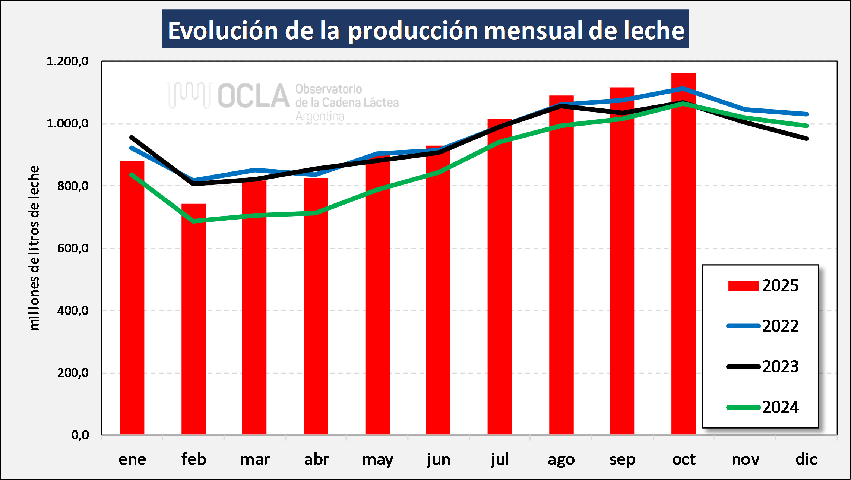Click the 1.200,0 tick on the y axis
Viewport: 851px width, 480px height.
67,61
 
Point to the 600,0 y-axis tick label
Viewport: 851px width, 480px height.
73,248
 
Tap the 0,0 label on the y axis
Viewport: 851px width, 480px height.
80,435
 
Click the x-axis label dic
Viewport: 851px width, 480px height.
806,459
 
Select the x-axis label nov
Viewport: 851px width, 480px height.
745,459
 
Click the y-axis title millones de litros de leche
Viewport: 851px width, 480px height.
34,248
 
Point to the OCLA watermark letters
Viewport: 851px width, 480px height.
253,96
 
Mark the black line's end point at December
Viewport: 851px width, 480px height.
806,138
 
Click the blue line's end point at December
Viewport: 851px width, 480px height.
806,114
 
